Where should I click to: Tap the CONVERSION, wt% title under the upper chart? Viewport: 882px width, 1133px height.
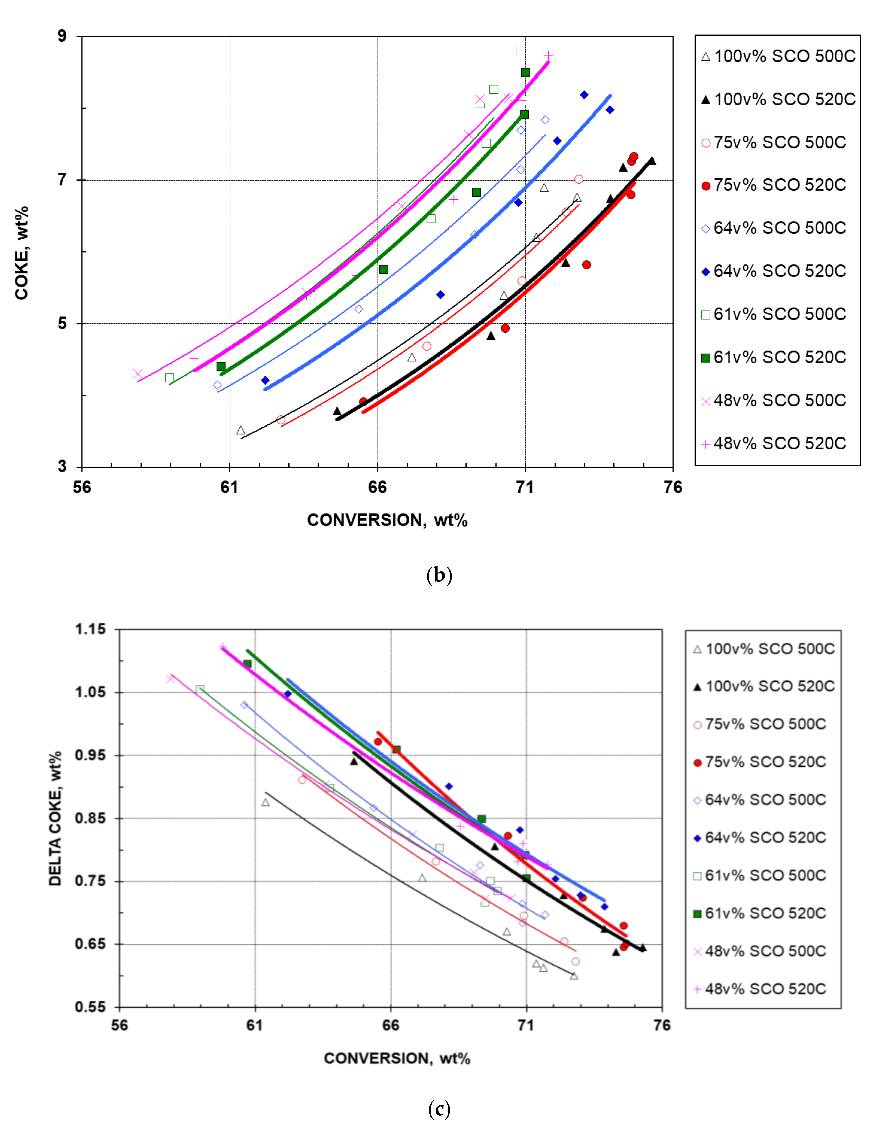coord(387,520)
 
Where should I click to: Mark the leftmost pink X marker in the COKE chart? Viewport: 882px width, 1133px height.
coord(138,373)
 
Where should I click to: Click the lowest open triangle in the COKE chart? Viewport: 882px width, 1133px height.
coord(241,430)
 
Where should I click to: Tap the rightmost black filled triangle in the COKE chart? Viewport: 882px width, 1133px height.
coord(652,161)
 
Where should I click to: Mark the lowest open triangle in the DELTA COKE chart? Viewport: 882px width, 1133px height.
coord(574,975)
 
